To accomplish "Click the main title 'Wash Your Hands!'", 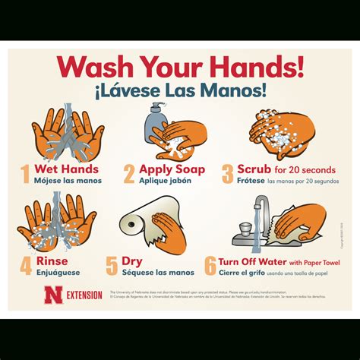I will pyautogui.click(x=180, y=67).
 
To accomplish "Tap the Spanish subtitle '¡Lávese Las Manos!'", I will pyautogui.click(x=180, y=90).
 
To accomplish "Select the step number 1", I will pyautogui.click(x=24, y=175).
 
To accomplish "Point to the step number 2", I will pyautogui.click(x=129, y=175).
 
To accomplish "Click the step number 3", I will pyautogui.click(x=228, y=175).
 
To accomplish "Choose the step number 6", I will pyautogui.click(x=210, y=266).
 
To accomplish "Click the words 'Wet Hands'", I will pyautogui.click(x=64, y=169).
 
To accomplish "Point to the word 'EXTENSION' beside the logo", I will pyautogui.click(x=84, y=295).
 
